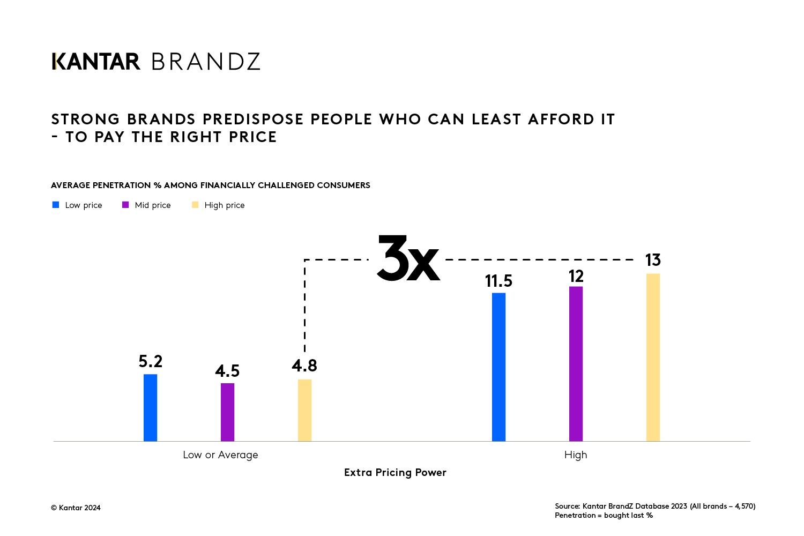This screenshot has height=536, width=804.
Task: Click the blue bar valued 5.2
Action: [150, 408]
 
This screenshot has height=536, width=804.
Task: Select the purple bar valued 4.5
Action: [227, 412]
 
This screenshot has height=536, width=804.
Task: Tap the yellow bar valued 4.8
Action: [304, 411]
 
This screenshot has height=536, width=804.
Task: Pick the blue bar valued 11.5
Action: [498, 367]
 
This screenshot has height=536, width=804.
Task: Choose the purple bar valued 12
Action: [576, 364]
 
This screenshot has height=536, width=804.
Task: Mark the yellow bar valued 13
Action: [653, 358]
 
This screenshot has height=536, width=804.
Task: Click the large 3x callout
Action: [408, 259]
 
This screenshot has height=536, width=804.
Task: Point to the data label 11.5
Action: [498, 281]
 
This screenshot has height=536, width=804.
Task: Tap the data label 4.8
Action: [304, 366]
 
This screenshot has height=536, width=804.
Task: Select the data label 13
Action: [653, 260]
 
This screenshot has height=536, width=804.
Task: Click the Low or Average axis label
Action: [220, 455]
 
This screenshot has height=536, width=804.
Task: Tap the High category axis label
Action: [576, 455]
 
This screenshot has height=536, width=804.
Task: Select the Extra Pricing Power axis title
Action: [395, 472]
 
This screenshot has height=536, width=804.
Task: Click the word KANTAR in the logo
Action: [96, 62]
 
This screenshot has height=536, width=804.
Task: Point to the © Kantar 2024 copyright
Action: [76, 508]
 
